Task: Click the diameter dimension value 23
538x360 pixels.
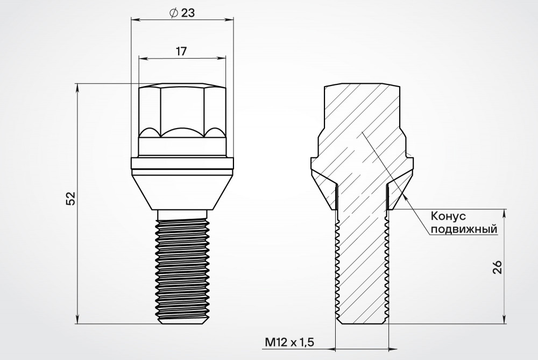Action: click(187, 13)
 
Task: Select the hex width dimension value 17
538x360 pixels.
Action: click(181, 51)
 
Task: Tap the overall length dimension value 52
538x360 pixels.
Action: click(70, 199)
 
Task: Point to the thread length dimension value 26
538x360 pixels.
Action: click(498, 267)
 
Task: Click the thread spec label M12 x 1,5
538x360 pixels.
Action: click(289, 342)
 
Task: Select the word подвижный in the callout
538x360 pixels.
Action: click(464, 229)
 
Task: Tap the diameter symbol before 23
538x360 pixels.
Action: click(174, 13)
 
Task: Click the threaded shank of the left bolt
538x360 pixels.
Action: click(182, 270)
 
